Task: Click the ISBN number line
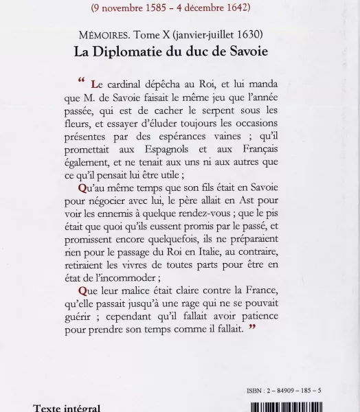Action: (283, 391)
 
